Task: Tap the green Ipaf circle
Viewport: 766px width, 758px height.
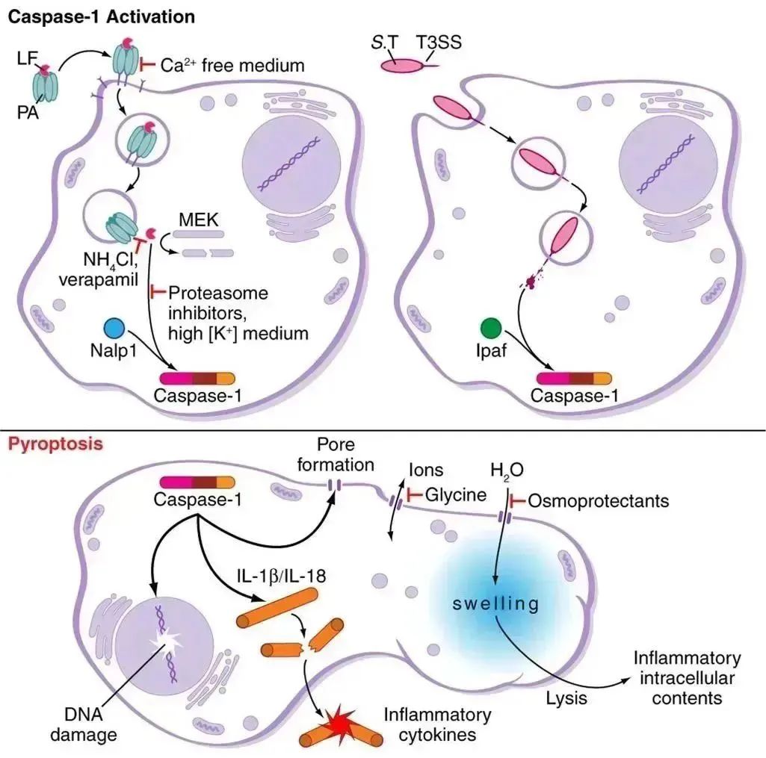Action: pos(490,329)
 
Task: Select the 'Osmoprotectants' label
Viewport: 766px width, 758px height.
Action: pos(598,500)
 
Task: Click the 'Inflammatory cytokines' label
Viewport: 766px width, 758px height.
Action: pos(438,724)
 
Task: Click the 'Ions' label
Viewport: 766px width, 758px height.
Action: pos(426,470)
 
